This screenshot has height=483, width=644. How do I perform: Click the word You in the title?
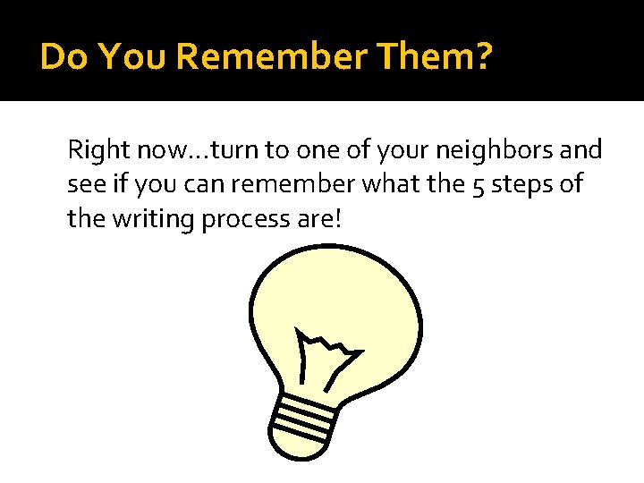click(x=132, y=57)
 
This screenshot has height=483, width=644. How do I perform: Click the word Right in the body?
click(x=96, y=149)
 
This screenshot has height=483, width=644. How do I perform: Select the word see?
click(x=83, y=184)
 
